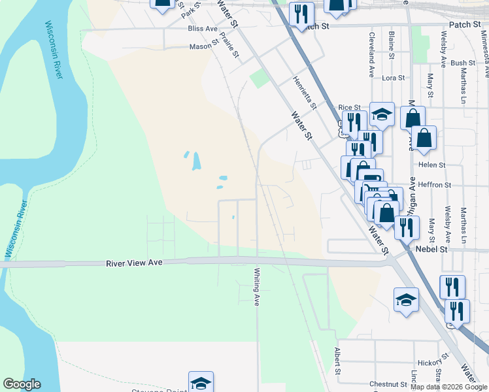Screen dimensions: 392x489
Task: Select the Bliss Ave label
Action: (x=202, y=29)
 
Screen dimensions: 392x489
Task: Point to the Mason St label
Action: (x=203, y=46)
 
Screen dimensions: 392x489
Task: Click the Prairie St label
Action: (x=229, y=45)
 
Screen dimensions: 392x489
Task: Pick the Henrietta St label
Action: (x=304, y=92)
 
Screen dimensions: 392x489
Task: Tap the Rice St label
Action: (x=349, y=107)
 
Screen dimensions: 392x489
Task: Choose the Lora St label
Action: (x=394, y=78)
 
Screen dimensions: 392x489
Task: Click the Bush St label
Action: (x=463, y=63)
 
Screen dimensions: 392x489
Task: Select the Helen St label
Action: (x=432, y=165)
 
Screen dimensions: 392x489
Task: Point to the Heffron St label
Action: (x=435, y=185)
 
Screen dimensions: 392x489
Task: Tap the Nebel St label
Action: (x=432, y=249)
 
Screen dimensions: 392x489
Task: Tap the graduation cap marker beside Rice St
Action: (x=382, y=115)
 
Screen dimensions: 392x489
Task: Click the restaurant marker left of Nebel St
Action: (x=407, y=227)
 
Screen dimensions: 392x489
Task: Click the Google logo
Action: (x=22, y=384)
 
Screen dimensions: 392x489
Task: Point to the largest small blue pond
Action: (x=195, y=161)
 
